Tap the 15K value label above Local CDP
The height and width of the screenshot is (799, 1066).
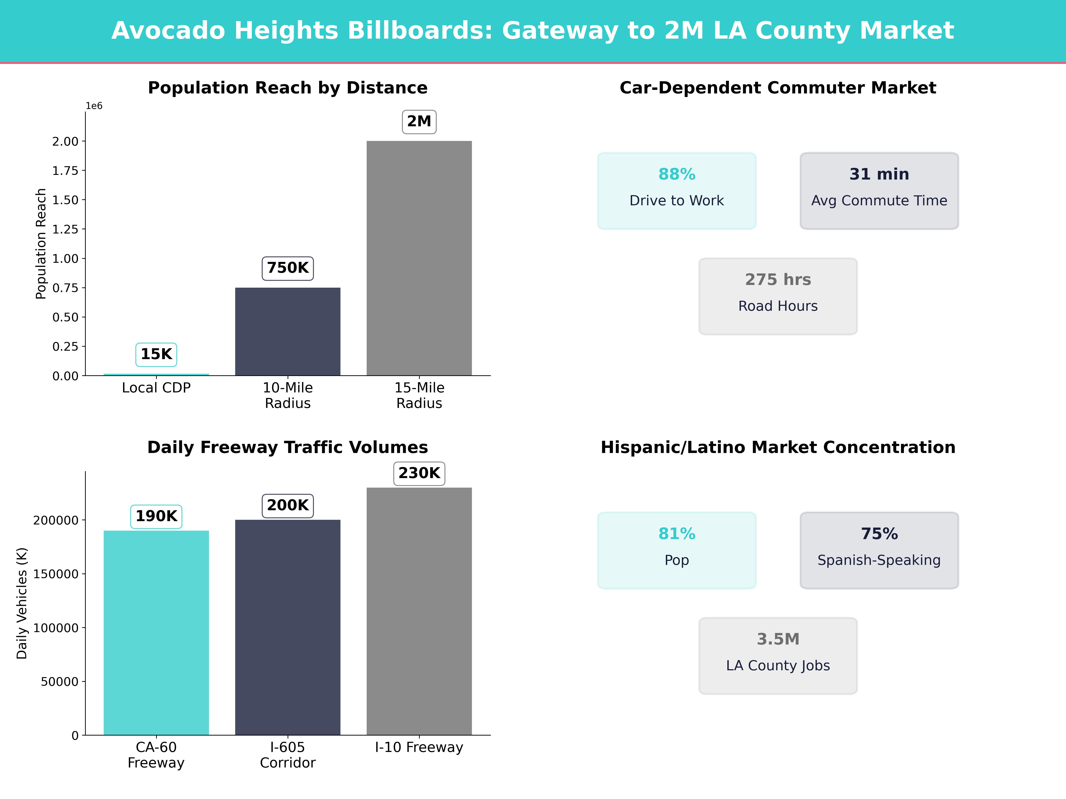[156, 354]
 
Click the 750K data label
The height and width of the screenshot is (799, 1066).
[288, 268]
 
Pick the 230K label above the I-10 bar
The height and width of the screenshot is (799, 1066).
[419, 473]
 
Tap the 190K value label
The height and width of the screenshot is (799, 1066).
[156, 516]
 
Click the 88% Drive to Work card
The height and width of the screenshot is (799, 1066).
[677, 191]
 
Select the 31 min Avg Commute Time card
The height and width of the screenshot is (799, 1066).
[879, 191]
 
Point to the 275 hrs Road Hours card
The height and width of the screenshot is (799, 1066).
[778, 296]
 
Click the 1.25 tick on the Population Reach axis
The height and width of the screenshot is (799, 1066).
[65, 229]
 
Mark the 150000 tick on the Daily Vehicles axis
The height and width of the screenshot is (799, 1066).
[56, 574]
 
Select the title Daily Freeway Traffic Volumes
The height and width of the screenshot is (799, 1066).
[288, 447]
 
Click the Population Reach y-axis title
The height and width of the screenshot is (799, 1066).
[41, 244]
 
